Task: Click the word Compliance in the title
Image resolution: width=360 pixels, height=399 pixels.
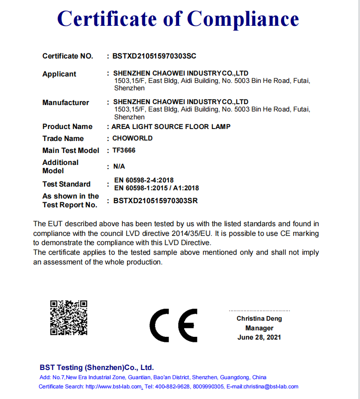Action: (243, 19)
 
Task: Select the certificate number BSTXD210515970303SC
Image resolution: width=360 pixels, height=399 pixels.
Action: (154, 56)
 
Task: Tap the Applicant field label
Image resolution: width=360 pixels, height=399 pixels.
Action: (59, 74)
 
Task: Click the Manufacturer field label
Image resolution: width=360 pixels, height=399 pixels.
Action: (66, 103)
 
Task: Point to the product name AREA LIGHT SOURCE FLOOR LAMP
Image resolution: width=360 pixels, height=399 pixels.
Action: (171, 127)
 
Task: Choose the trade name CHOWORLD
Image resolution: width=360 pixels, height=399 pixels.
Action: (133, 138)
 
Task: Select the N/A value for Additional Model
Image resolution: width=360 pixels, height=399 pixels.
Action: (119, 166)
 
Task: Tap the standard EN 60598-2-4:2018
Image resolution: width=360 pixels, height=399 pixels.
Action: (144, 180)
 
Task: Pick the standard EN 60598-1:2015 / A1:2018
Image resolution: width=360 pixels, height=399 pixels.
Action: (157, 188)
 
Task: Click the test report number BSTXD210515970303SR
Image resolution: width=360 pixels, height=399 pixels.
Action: (155, 201)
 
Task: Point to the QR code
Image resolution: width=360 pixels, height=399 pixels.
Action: (69, 317)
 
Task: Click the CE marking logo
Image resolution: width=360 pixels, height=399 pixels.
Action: (174, 325)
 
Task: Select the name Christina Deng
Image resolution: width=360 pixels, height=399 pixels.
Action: (259, 318)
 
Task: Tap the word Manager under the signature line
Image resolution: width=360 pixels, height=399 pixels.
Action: (259, 328)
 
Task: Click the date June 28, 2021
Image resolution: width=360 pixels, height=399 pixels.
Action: (259, 337)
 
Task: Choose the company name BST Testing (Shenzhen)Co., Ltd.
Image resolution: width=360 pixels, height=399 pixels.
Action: (97, 368)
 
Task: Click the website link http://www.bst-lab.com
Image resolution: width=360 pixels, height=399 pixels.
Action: (114, 387)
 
